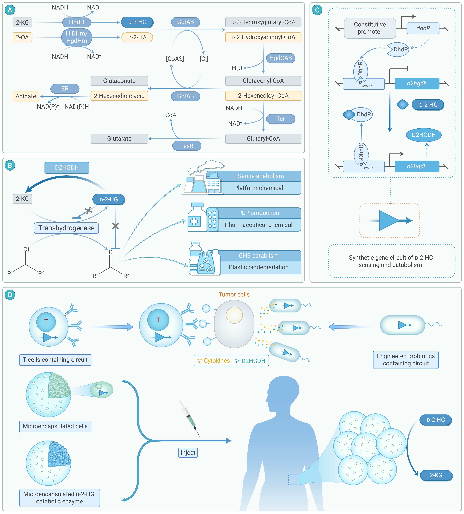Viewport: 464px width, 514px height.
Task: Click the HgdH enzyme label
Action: [x=76, y=22]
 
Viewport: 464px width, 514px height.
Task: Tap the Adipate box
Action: [x=26, y=96]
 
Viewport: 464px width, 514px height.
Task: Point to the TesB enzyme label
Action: [x=187, y=146]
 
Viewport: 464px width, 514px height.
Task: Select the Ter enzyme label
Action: [x=280, y=119]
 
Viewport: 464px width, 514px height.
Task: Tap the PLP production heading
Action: [x=258, y=213]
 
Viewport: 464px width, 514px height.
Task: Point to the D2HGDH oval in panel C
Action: [x=424, y=135]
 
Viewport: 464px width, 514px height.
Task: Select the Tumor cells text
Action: [x=234, y=295]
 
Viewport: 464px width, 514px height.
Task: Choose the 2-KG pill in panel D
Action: [x=436, y=475]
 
